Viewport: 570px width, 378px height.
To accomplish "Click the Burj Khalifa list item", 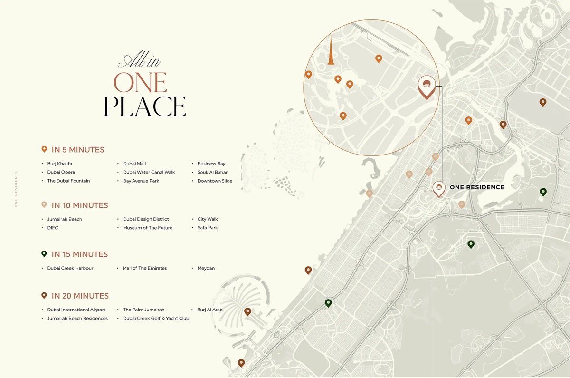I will pos(59,164).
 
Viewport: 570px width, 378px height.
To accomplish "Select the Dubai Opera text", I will pos(61,172).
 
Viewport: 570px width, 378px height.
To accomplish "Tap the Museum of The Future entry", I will pos(148,228).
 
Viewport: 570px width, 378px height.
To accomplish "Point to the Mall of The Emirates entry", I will pos(144,268).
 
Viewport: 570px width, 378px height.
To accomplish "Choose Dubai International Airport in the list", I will pos(76,310).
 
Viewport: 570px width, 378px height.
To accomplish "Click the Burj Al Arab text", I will pos(209,310).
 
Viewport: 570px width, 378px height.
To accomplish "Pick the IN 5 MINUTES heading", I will pos(77,150).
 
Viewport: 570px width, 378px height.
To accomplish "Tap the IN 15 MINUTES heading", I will pos(79,254).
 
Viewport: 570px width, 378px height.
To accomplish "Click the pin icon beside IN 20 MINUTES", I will pos(44,295).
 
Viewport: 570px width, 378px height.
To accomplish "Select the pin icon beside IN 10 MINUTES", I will pos(44,204).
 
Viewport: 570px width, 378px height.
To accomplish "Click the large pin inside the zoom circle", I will pos(427,87).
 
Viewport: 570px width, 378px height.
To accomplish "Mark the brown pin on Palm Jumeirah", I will pos(247,311).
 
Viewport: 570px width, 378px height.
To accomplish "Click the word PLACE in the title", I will pos(144,107).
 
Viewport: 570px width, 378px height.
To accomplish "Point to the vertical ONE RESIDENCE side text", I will pos(16,189).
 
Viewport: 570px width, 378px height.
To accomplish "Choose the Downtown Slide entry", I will pos(215,181).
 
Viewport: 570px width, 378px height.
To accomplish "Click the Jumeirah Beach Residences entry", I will pos(77,318).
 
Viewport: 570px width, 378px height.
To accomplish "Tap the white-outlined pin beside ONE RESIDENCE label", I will pos(439,188).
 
